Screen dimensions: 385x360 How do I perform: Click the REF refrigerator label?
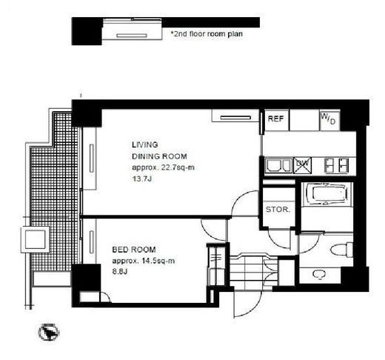tap(275, 119)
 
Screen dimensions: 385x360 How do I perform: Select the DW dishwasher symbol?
tap(303, 164)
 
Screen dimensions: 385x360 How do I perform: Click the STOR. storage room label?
tap(278, 210)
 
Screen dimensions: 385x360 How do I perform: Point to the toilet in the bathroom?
tap(342, 249)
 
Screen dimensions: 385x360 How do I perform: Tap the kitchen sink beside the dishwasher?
tap(278, 165)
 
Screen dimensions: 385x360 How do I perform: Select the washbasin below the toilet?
tap(320, 274)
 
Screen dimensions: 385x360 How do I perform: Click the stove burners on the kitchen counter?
tap(336, 165)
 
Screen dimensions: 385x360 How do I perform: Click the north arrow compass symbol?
tap(49, 332)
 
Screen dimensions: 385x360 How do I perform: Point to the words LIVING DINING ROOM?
tap(159, 150)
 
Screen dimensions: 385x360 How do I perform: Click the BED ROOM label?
tap(134, 250)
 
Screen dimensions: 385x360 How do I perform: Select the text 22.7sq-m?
tap(178, 167)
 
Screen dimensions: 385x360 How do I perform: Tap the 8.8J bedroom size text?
tap(120, 272)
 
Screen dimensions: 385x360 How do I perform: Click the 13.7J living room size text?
tap(142, 179)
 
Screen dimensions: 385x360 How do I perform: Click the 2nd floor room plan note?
tap(207, 34)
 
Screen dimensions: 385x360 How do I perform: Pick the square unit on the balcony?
tap(35, 239)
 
